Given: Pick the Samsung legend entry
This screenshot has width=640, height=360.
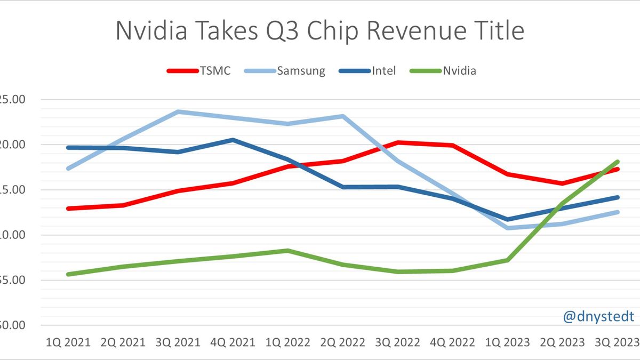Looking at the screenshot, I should pyautogui.click(x=301, y=70).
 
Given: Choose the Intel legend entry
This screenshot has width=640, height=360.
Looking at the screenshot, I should pyautogui.click(x=384, y=70).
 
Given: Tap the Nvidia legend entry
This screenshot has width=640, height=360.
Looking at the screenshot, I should pyautogui.click(x=459, y=70).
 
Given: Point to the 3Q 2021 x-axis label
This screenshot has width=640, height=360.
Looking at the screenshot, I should pyautogui.click(x=178, y=342).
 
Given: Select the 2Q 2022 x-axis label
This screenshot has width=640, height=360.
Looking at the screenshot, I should pyautogui.click(x=343, y=342).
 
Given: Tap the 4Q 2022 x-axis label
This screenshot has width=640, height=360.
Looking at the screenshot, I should pyautogui.click(x=453, y=342).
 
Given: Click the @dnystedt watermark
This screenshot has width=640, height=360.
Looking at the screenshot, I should pyautogui.click(x=598, y=317).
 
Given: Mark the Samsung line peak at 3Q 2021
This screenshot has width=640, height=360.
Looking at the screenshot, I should pyautogui.click(x=178, y=111).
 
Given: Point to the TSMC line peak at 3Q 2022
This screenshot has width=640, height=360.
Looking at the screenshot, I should pyautogui.click(x=398, y=142).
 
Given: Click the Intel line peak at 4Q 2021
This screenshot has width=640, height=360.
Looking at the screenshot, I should pyautogui.click(x=233, y=140).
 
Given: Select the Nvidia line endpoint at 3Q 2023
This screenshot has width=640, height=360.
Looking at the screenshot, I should pyautogui.click(x=618, y=162).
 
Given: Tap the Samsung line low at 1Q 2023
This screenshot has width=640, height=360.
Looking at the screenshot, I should pyautogui.click(x=508, y=228).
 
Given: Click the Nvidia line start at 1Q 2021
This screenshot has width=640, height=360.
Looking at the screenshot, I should pyautogui.click(x=68, y=274).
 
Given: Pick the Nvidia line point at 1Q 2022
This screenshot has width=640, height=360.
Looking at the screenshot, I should pyautogui.click(x=288, y=250).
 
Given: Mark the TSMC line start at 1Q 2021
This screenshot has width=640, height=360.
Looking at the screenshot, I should pyautogui.click(x=68, y=209).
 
